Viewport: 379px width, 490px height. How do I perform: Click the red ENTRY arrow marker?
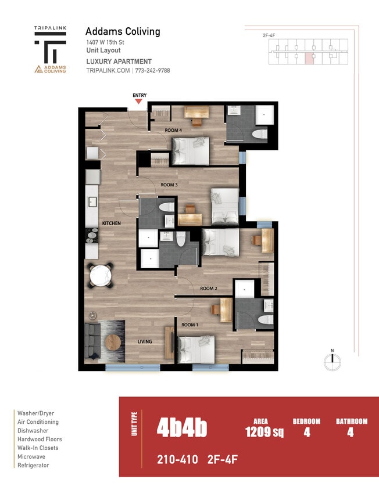pos(138,102)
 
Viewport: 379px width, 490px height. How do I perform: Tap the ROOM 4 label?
pos(173,131)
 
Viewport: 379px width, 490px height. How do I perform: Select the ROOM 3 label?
pos(169,185)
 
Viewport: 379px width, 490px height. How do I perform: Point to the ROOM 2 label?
pos(209,288)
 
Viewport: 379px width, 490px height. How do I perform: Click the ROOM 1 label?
pos(189,325)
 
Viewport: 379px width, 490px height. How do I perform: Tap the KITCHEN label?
pos(111,223)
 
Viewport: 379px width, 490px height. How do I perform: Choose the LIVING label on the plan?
pos(144,341)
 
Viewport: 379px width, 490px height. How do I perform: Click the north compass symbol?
pos(332,361)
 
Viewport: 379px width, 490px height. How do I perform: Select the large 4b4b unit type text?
pos(181,429)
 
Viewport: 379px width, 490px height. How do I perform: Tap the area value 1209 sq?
pos(264,431)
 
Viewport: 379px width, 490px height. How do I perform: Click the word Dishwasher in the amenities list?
pos(33,431)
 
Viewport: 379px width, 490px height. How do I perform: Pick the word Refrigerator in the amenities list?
pos(33,465)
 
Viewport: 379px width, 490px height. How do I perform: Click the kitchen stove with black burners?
pos(92,236)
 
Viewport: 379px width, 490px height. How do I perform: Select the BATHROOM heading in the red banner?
pos(352,421)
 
